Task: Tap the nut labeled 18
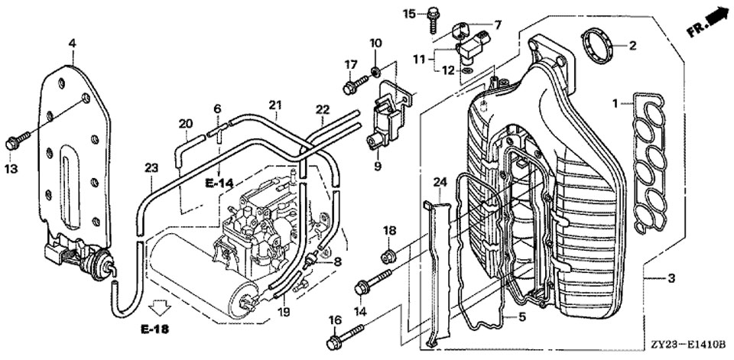point(388,255)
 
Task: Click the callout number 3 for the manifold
point(671,278)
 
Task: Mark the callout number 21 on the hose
point(275,104)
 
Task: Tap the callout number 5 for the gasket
point(522,316)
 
